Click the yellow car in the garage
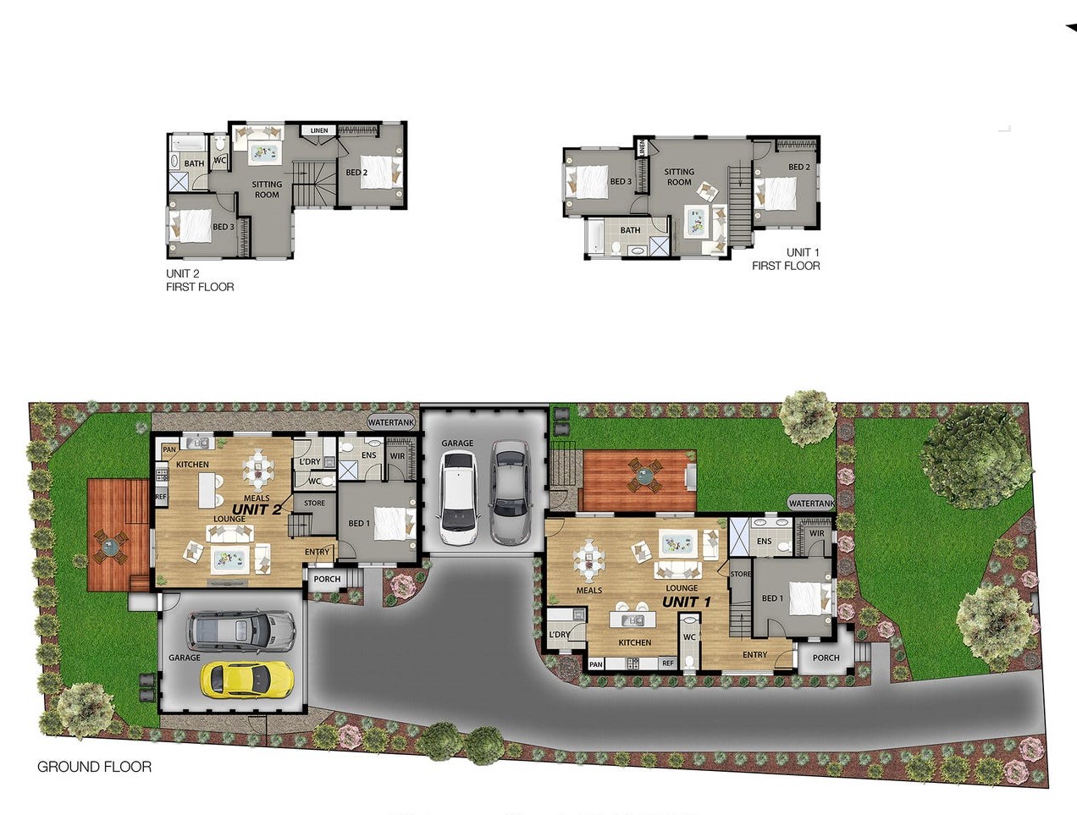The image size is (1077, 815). [x=247, y=679]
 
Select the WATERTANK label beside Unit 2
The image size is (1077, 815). [x=391, y=422]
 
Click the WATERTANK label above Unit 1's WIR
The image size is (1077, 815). [x=811, y=504]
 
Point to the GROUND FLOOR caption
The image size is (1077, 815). [x=94, y=767]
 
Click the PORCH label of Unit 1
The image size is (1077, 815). [x=826, y=658]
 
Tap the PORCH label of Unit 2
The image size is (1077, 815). [x=327, y=579]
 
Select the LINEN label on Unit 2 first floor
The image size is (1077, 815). [x=319, y=130]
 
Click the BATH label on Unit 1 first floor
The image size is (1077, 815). [x=630, y=230]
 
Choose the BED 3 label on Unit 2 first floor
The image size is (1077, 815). [x=224, y=227]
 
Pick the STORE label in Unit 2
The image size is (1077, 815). [x=314, y=503]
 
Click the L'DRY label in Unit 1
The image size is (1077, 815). [x=560, y=634]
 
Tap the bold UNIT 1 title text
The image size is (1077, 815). [x=687, y=602]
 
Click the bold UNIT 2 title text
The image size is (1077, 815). [x=257, y=510]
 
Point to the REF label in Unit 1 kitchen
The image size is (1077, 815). [x=668, y=664]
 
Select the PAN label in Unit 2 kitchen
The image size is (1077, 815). [x=169, y=449]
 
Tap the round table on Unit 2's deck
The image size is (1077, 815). [x=110, y=546]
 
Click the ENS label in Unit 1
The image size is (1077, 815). [x=764, y=542]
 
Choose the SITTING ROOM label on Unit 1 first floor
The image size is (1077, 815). [x=679, y=177]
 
